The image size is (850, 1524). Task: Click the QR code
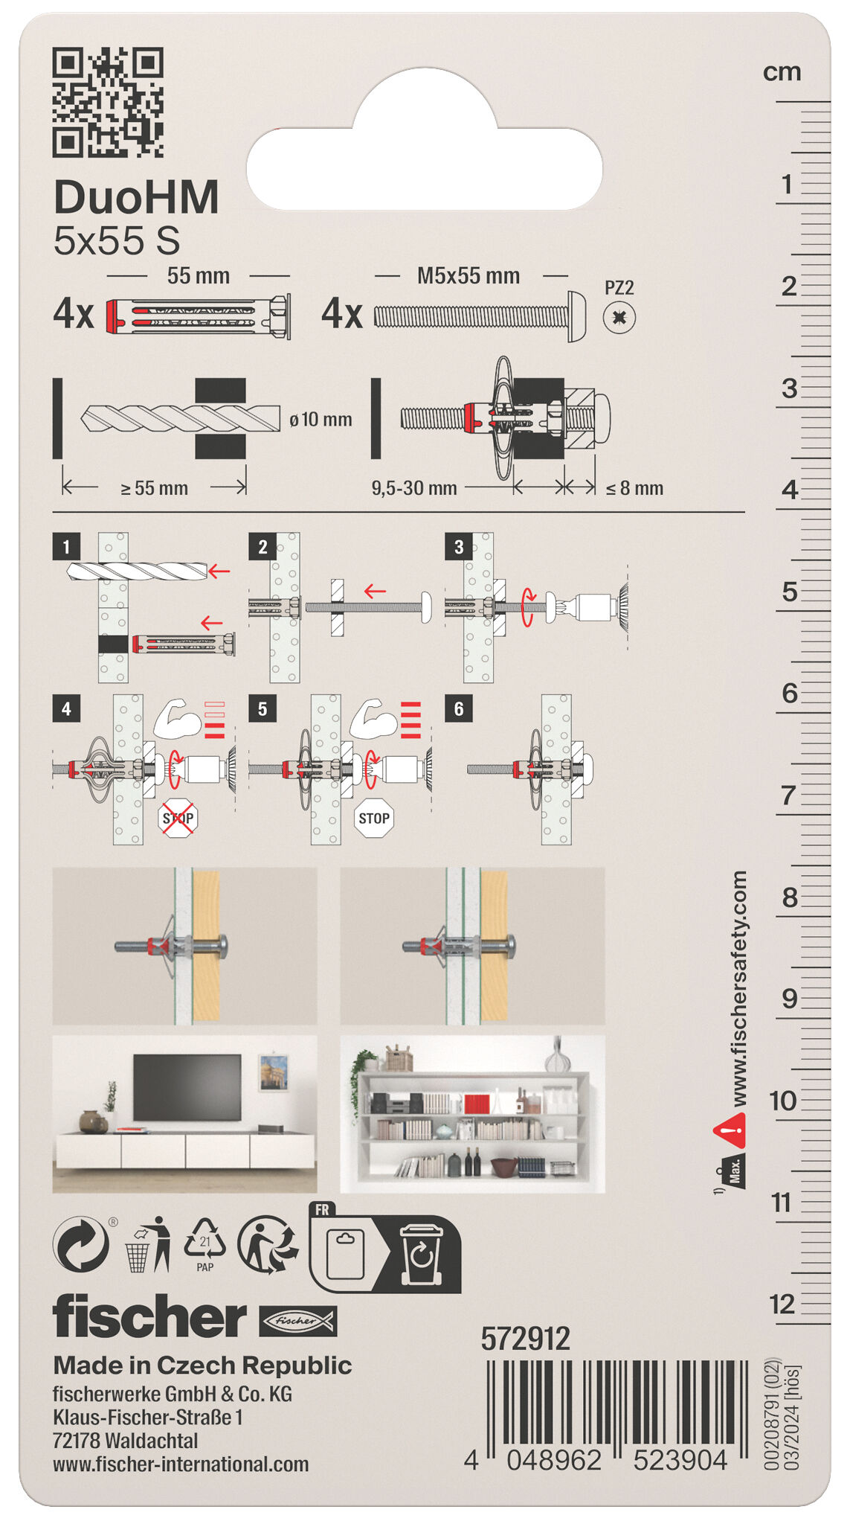(x=108, y=102)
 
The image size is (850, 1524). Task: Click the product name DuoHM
(x=136, y=198)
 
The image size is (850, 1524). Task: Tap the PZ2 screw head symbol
(x=619, y=318)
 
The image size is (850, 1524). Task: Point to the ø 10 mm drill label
(x=321, y=420)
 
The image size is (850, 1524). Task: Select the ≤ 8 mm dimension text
(x=634, y=489)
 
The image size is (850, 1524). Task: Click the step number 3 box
(x=458, y=547)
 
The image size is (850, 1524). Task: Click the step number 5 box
(x=262, y=708)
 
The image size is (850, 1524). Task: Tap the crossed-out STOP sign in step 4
(x=178, y=819)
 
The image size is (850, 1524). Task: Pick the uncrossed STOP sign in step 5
(x=373, y=819)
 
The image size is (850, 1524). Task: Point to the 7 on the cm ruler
(x=789, y=795)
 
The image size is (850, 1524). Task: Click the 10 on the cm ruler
(x=783, y=1101)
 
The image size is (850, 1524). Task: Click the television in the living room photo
(x=187, y=1086)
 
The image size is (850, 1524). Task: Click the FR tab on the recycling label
(x=322, y=1210)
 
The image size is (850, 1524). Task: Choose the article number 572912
(x=525, y=1339)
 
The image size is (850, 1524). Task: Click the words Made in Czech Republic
(x=202, y=1365)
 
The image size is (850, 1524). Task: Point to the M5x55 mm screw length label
(x=468, y=276)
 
